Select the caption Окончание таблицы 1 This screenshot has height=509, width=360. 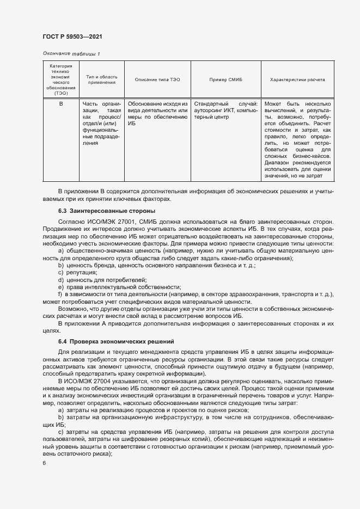pyautogui.click(x=71, y=53)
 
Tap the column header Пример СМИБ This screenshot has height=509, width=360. pyautogui.click(x=225, y=79)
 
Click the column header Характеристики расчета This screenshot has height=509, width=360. pyautogui.click(x=298, y=79)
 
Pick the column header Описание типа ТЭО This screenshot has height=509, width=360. pyautogui.click(x=157, y=79)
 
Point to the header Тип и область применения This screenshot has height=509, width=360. pyautogui.click(x=101, y=79)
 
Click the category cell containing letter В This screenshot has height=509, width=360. pyautogui.click(x=61, y=103)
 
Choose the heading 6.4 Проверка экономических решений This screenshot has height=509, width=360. pyautogui.click(x=116, y=341)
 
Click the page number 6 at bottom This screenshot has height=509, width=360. pyautogui.click(x=44, y=463)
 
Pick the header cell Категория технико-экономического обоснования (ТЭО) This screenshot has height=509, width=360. pyautogui.click(x=61, y=79)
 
